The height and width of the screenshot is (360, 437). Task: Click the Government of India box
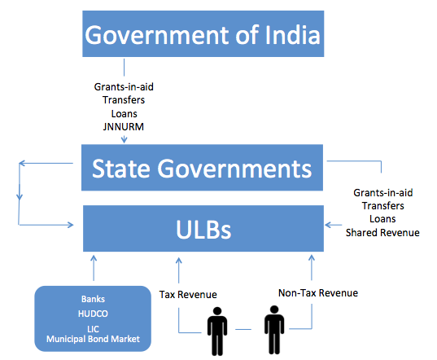pyautogui.click(x=203, y=33)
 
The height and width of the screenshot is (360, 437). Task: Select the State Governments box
pyautogui.click(x=202, y=168)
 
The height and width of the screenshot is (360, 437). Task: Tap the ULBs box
pyautogui.click(x=203, y=229)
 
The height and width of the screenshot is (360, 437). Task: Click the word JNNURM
pyautogui.click(x=124, y=127)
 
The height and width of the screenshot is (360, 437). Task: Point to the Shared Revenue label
pyautogui.click(x=382, y=233)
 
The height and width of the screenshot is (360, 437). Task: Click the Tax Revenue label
pyautogui.click(x=188, y=295)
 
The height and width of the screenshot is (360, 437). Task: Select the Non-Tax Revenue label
pyautogui.click(x=318, y=292)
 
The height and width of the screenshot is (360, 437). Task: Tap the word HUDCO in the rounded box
pyautogui.click(x=93, y=314)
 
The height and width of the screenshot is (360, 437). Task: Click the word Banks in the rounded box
pyautogui.click(x=93, y=299)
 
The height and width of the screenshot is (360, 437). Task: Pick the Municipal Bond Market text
pyautogui.click(x=93, y=339)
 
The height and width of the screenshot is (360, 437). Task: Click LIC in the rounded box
pyautogui.click(x=93, y=329)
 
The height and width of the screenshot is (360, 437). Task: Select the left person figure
pyautogui.click(x=217, y=331)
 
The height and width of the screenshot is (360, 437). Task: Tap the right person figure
pyautogui.click(x=274, y=330)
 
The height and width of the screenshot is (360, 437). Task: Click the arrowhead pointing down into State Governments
pyautogui.click(x=124, y=140)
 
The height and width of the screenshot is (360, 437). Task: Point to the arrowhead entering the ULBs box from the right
pyautogui.click(x=329, y=225)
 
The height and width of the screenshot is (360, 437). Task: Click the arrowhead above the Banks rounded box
pyautogui.click(x=94, y=259)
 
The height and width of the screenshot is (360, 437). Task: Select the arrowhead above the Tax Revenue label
pyautogui.click(x=179, y=261)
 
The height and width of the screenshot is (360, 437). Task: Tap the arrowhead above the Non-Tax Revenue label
pyautogui.click(x=312, y=258)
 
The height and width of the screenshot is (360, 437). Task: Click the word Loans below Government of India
pyautogui.click(x=124, y=114)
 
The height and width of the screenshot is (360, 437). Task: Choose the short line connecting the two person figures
pyautogui.click(x=243, y=329)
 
